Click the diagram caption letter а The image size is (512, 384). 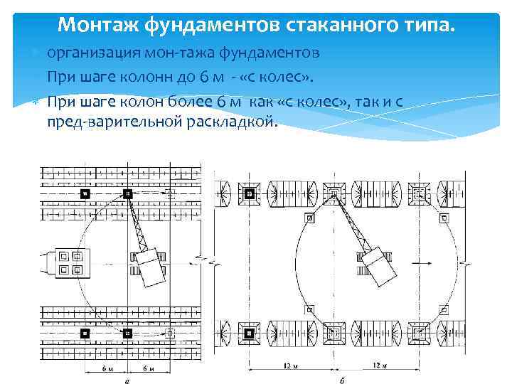(x=128, y=379)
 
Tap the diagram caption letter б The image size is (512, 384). (x=343, y=379)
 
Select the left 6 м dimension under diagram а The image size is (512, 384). (x=106, y=368)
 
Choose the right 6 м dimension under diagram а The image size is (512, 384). (x=148, y=368)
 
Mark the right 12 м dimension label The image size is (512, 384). (x=378, y=366)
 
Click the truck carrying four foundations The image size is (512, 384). (x=68, y=263)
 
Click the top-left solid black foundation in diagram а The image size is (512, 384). (x=86, y=193)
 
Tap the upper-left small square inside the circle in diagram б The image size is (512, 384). (x=308, y=218)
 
